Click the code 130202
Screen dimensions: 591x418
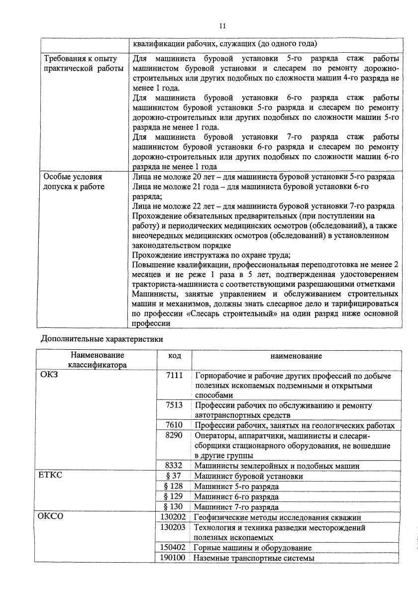173,517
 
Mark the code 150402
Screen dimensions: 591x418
173,548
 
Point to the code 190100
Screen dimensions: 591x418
173,558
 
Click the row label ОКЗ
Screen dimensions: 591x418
48,376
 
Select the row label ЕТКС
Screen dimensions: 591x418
51,476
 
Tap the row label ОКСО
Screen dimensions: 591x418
51,517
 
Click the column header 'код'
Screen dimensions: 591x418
174,356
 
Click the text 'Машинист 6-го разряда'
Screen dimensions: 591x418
236,496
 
